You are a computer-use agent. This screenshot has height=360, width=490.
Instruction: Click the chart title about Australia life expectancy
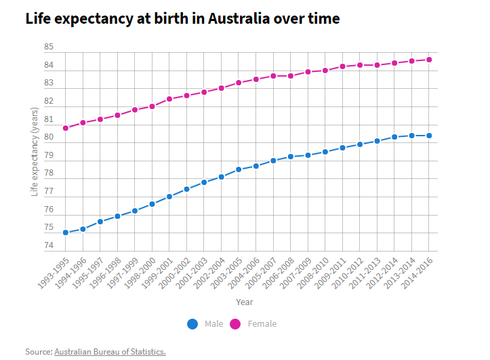click(x=182, y=18)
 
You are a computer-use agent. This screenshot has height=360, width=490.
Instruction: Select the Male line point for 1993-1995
click(x=66, y=233)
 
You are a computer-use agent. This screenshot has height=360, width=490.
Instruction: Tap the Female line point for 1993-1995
click(x=66, y=128)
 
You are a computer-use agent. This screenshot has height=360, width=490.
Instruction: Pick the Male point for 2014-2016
click(x=429, y=136)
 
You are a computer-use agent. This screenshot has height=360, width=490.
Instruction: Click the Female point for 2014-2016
click(x=429, y=60)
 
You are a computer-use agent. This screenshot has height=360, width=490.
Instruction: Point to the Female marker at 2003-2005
click(x=239, y=83)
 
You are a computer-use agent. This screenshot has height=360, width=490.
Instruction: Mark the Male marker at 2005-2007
click(x=273, y=161)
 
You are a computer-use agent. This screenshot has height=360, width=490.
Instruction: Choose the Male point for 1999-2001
click(x=169, y=196)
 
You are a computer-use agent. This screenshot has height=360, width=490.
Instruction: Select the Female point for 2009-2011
click(x=342, y=66)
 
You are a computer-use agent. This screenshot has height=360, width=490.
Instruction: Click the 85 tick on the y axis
click(x=49, y=47)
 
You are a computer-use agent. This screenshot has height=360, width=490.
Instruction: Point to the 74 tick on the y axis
click(x=49, y=245)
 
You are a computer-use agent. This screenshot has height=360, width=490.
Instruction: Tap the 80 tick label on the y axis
click(x=49, y=138)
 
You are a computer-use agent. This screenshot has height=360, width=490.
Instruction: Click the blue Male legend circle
click(x=192, y=324)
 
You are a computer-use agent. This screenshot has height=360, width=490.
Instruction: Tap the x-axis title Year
click(x=245, y=302)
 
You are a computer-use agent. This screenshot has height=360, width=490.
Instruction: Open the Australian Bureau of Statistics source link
click(x=110, y=352)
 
